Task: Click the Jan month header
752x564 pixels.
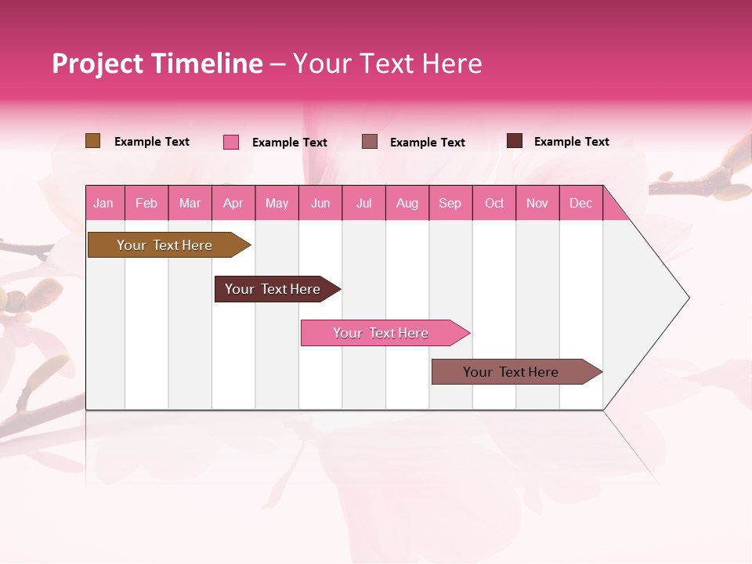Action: [104, 203]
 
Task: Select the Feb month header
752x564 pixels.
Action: [146, 203]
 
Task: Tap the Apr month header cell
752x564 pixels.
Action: [233, 203]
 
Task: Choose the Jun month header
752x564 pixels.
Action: [320, 203]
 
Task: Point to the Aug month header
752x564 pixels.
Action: [407, 203]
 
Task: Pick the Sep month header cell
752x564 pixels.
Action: [450, 203]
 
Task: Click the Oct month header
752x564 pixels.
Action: [494, 203]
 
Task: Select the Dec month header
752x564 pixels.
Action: [581, 203]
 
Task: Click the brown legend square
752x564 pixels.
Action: [93, 141]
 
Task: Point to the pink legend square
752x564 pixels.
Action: [231, 142]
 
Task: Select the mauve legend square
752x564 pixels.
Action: [370, 141]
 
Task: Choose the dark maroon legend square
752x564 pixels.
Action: [515, 141]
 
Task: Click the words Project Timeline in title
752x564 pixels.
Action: [157, 63]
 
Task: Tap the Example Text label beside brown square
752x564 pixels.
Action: [152, 142]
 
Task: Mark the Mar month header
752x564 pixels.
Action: [190, 203]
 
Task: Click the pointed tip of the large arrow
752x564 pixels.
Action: [687, 298]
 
